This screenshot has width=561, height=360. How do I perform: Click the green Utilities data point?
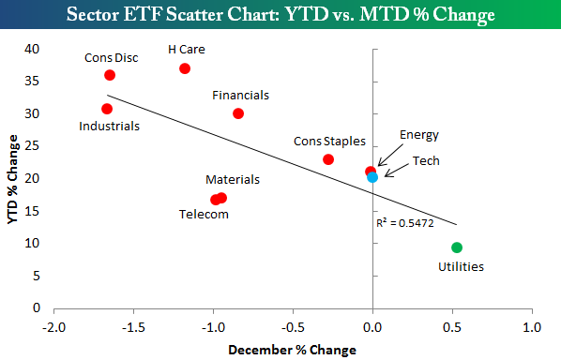coord(457,247)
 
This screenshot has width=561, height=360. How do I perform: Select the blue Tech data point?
coord(372,177)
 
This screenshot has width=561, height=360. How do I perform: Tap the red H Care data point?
coord(185,68)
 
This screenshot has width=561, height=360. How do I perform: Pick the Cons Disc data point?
coord(110,75)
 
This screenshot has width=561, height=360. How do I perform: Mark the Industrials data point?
coord(107,109)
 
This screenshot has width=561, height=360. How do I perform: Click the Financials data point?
coord(238,113)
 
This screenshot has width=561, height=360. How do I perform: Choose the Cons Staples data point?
coord(328,159)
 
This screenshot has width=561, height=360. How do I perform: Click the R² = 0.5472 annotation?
coord(405,223)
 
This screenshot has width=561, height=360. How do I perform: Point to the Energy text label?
coord(419,136)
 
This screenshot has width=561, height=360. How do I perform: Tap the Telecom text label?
coord(204,214)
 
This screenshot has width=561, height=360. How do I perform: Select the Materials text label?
coord(233,179)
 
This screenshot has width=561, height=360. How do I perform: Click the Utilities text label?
coord(461,266)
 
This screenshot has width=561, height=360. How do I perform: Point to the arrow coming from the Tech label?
coord(397,171)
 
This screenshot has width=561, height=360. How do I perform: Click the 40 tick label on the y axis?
coord(32,49)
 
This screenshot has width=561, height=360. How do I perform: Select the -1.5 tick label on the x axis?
coord(133,327)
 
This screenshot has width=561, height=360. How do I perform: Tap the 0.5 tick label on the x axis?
coord(452,327)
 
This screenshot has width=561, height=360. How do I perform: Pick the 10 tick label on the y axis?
coord(32,243)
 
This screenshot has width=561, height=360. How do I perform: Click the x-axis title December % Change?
coord(293,350)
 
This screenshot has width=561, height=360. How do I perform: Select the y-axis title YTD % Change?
coord(13,179)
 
